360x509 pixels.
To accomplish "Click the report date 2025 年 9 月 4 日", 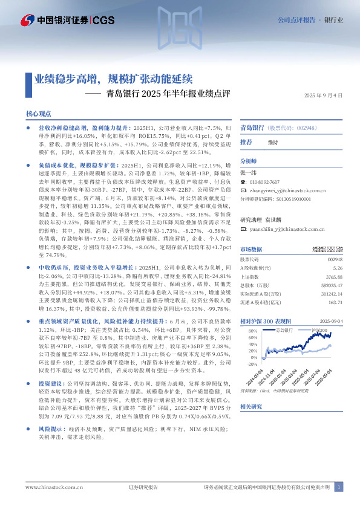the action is (323, 96).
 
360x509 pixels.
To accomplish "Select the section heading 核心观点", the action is (39, 114).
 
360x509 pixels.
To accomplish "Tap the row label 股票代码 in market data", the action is (251, 259).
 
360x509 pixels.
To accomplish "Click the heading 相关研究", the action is (250, 407).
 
